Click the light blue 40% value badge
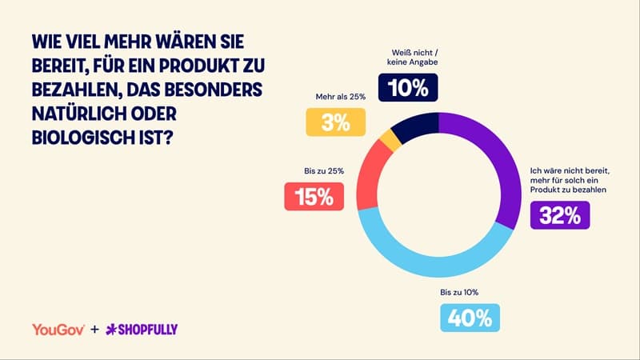tap(470, 318)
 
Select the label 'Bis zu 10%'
tap(458, 293)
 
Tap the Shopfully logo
tap(142, 329)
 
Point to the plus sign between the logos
tap(94, 329)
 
